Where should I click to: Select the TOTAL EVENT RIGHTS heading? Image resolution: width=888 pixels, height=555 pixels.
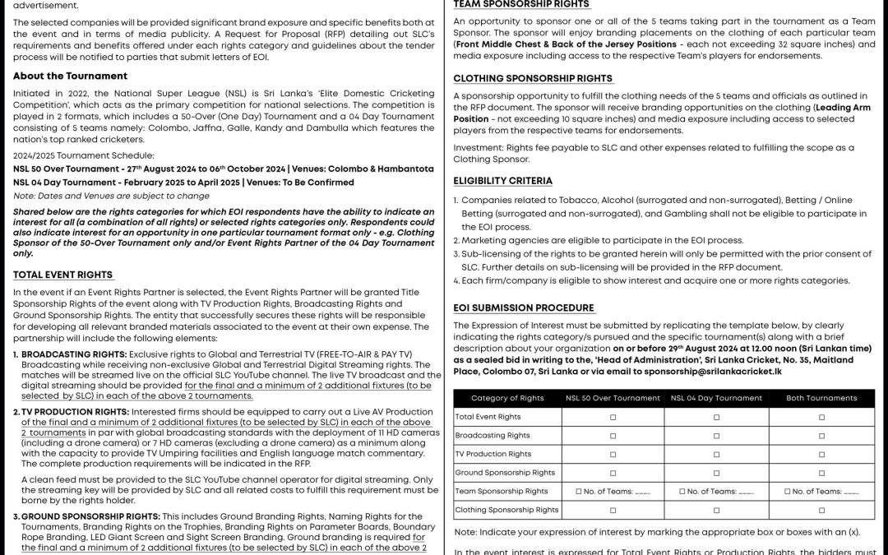click(x=62, y=275)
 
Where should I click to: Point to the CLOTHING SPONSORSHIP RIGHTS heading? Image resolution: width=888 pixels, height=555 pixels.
click(x=533, y=78)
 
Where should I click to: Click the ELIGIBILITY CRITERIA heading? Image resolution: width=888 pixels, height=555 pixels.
click(x=502, y=181)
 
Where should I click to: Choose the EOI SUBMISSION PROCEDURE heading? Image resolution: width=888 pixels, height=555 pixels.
click(x=524, y=308)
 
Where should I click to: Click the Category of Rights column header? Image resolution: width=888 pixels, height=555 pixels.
click(x=507, y=398)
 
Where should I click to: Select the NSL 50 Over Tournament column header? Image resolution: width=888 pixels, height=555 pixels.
click(x=613, y=398)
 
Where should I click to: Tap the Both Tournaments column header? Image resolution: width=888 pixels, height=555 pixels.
click(x=821, y=398)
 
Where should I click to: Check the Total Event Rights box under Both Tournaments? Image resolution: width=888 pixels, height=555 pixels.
click(x=821, y=417)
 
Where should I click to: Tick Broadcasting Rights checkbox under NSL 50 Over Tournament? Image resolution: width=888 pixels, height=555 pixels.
click(x=613, y=435)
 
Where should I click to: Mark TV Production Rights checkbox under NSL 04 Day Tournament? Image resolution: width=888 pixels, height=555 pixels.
click(x=716, y=454)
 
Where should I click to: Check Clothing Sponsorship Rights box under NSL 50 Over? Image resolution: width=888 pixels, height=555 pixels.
click(x=613, y=510)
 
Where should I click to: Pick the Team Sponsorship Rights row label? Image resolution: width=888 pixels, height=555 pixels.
click(x=502, y=491)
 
